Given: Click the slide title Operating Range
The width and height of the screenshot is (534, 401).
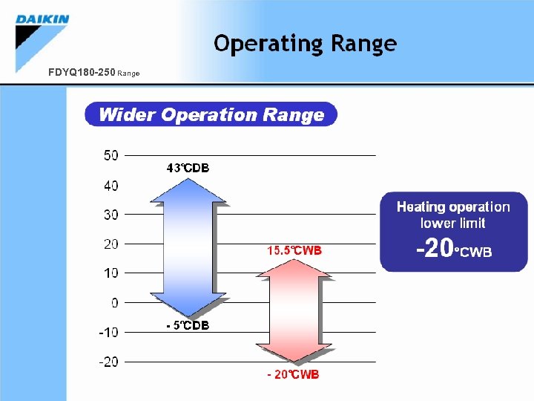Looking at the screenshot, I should point(305,44).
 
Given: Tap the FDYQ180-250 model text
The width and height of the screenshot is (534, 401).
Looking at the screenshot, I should point(81,73).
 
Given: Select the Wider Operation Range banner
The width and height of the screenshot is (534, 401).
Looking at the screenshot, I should point(211,114).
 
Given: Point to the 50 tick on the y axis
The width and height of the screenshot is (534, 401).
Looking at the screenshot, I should point(111,155).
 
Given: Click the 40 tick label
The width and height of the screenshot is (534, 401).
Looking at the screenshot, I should point(111,185).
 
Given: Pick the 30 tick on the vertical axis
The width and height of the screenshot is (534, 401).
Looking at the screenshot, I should point(111,215).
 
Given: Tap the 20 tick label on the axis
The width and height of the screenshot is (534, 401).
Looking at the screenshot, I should point(111,244).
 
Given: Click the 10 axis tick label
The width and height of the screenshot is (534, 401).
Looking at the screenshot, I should point(111,273).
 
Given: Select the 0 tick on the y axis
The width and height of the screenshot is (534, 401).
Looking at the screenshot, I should point(114,303).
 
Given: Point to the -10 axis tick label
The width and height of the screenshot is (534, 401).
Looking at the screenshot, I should point(108,333).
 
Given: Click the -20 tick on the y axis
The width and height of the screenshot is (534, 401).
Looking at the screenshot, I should point(108,362).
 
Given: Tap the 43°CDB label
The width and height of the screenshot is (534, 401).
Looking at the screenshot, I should point(188,169).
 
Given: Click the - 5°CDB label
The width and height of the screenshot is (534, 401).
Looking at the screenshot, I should point(188,325).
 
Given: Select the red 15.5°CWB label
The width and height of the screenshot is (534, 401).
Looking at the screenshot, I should point(294,250).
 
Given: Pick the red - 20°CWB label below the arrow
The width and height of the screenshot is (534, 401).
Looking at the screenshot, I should point(293,375).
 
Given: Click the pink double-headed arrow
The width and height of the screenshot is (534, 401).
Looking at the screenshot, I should point(294,312).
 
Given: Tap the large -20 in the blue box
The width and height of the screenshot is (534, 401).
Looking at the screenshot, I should point(435,250).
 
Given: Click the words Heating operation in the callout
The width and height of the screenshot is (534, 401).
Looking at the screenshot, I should point(453,206).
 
